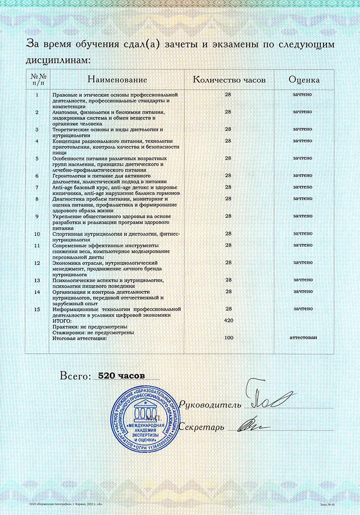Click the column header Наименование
tap(117, 80)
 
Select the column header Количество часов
tap(229, 80)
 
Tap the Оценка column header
tap(304, 80)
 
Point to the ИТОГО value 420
tap(230, 320)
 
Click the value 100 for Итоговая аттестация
tap(230, 338)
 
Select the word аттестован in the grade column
tap(303, 338)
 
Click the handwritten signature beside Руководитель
tap(268, 399)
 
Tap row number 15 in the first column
tap(37, 309)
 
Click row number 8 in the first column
tap(37, 198)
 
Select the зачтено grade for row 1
tap(303, 95)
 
